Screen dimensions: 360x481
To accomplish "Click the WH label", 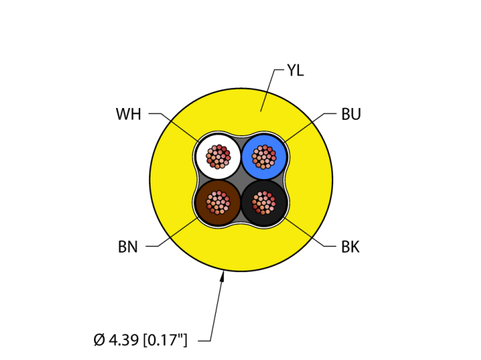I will (128, 114).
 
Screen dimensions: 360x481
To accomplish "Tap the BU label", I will (350, 114).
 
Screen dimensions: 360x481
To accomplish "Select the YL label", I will (295, 70).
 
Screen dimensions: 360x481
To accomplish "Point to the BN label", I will (128, 247).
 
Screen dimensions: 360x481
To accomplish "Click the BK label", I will (350, 247).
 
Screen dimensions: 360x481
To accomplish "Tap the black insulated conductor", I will (277, 213).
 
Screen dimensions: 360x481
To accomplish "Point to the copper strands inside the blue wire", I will (264, 156).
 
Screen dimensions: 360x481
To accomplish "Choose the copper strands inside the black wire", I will (264, 202).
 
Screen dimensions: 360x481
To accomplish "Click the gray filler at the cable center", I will (241, 179).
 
